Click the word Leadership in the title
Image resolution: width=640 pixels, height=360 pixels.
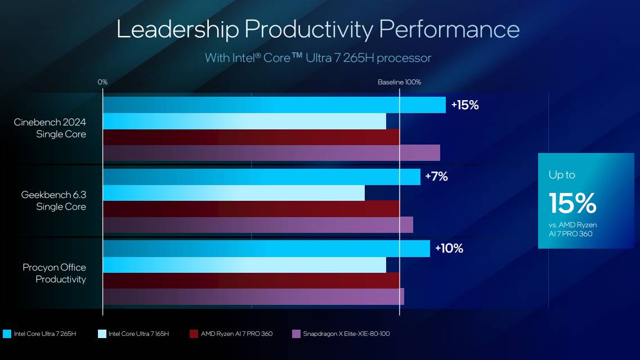tap(177, 29)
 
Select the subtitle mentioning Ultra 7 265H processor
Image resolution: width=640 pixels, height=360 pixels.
tap(318, 58)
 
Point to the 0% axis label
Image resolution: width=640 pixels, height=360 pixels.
tap(102, 82)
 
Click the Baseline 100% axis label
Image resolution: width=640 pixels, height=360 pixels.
tap(399, 82)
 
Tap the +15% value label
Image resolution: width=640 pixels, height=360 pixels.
tap(464, 105)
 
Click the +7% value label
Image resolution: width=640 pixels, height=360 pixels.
tap(436, 177)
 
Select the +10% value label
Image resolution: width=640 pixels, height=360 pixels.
tap(449, 249)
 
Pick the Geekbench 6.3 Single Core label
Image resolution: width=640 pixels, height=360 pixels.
tap(53, 201)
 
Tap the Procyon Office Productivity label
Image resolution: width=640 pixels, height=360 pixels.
tap(55, 273)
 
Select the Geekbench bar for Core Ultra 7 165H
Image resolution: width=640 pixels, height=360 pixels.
tap(234, 193)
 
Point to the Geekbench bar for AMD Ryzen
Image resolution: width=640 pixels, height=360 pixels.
tap(251, 209)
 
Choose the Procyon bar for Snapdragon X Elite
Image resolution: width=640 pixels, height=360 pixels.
tap(253, 296)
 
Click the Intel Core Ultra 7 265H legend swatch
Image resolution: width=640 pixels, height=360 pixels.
tap(7, 334)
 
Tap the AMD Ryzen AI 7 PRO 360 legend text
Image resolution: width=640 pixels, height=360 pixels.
tap(236, 334)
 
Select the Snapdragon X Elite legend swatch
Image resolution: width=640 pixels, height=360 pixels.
tap(296, 334)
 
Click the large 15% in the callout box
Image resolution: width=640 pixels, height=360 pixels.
tap(572, 203)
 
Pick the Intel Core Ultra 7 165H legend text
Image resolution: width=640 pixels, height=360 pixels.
tap(138, 334)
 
